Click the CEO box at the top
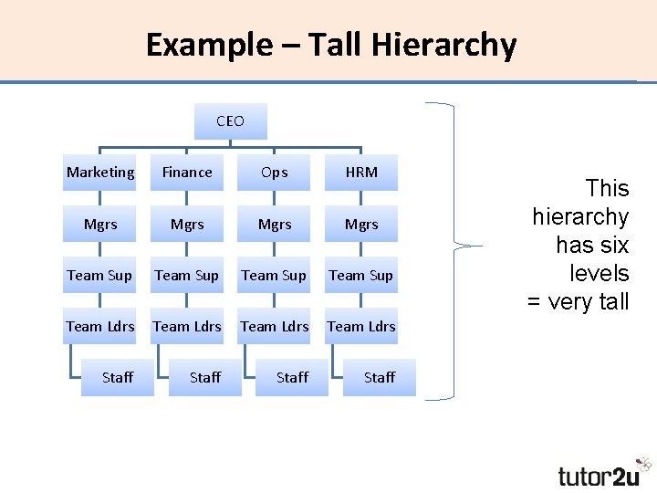231,121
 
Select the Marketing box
99,173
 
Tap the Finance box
187,173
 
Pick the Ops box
274,173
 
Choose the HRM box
361,173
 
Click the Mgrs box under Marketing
99,224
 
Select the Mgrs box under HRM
361,224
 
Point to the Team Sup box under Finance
187,275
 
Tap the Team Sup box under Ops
274,275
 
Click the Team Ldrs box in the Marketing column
99,326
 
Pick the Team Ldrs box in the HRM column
361,326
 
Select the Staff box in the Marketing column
118,377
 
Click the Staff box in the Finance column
205,377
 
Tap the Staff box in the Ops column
292,377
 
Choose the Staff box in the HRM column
380,377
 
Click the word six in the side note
609,246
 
